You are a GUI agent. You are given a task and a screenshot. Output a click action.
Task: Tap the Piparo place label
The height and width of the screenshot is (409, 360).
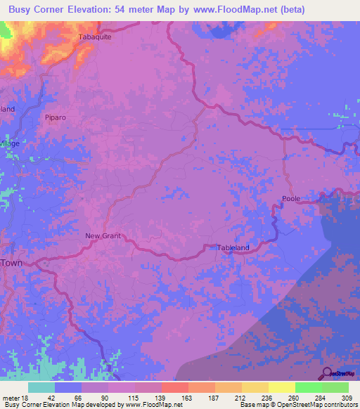pos(54,117)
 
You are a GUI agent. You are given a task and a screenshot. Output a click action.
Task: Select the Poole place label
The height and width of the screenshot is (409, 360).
pos(291,198)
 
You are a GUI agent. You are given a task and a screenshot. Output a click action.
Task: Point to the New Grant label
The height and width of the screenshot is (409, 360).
pos(103,235)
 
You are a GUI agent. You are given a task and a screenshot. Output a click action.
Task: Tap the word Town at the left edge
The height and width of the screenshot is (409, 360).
pos(11,262)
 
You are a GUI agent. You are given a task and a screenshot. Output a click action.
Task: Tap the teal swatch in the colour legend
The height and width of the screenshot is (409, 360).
pos(41,387)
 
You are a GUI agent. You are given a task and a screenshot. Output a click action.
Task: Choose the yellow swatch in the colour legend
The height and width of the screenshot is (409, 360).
pos(281,387)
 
